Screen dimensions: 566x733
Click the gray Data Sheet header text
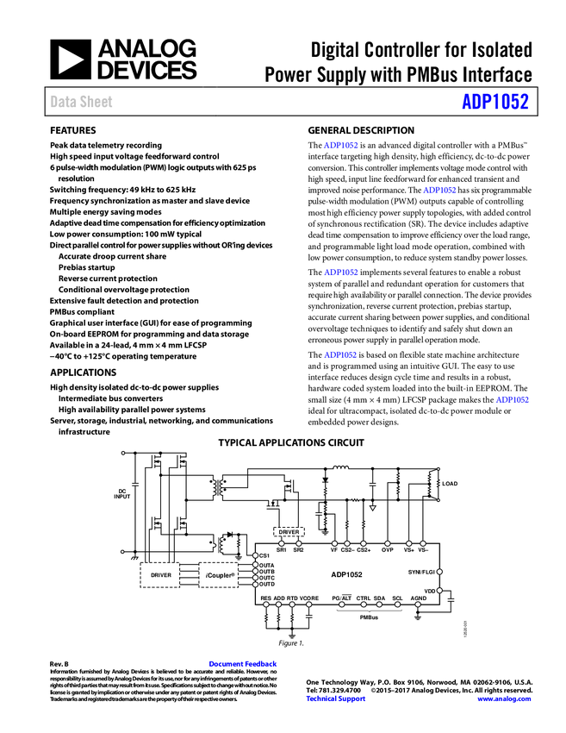pyautogui.click(x=82, y=102)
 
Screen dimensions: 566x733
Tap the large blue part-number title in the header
pyautogui.click(x=494, y=102)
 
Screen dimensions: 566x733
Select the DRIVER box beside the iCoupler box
pyautogui.click(x=160, y=575)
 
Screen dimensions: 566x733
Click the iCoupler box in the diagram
pyautogui.click(x=219, y=575)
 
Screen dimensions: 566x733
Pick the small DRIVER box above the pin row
pyautogui.click(x=289, y=532)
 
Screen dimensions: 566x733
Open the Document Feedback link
pyautogui.click(x=244, y=664)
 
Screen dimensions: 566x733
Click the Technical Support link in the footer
pyautogui.click(x=336, y=699)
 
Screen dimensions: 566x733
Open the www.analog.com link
pyautogui.click(x=504, y=699)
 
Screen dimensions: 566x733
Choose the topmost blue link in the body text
pyautogui.click(x=340, y=145)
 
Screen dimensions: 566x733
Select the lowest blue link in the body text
pyautogui.click(x=512, y=399)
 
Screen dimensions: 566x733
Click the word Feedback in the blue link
pyautogui.click(x=260, y=664)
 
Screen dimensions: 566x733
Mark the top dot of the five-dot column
pyautogui.click(x=255, y=555)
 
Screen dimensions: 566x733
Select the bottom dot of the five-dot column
pyautogui.click(x=255, y=585)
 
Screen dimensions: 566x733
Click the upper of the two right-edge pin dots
pyautogui.click(x=439, y=572)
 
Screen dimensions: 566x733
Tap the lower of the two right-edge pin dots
pyautogui.click(x=439, y=591)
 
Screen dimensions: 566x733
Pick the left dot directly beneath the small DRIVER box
pyautogui.click(x=281, y=543)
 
